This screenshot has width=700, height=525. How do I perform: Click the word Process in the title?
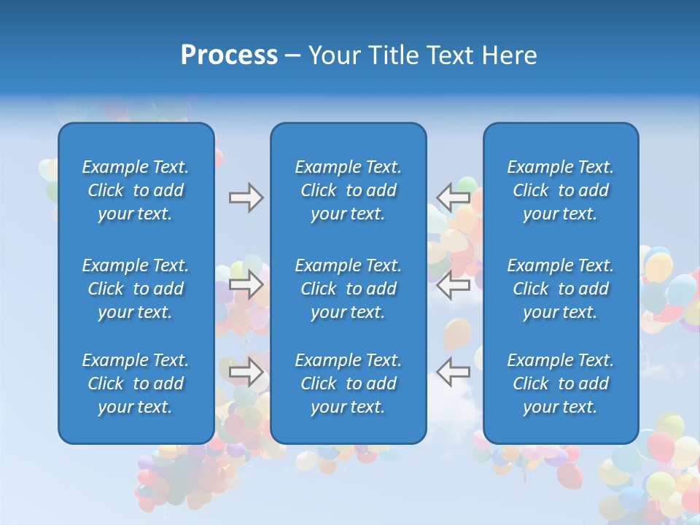229,55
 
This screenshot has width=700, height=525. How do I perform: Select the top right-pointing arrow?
246,198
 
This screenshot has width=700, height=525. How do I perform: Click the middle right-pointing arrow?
246,284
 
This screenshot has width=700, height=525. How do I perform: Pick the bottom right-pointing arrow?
246,372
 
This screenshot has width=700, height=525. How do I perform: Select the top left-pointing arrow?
454,197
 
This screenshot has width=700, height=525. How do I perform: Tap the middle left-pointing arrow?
454,284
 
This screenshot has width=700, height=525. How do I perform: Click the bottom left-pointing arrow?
454,372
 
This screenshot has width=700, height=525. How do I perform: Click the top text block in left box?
136,190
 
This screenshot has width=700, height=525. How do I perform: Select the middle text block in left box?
136,289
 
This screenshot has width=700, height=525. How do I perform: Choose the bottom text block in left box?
136,384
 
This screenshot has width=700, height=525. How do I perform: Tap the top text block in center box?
349,190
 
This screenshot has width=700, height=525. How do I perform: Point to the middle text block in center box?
349,289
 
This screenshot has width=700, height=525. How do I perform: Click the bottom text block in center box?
349,384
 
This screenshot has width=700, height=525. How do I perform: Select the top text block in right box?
561,190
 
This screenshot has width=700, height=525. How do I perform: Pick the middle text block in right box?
561,289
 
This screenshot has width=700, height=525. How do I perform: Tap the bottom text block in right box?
561,384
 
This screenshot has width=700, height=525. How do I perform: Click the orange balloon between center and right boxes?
456,334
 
